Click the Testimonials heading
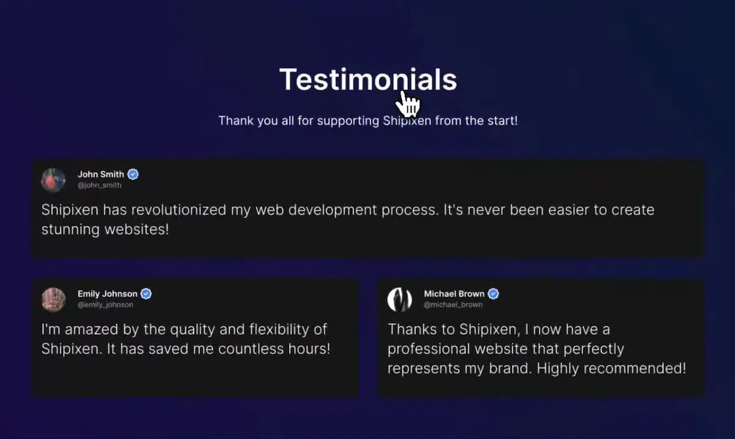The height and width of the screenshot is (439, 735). click(367, 80)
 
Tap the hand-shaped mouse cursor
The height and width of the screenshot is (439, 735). click(409, 103)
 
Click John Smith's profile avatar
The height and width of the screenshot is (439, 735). click(53, 180)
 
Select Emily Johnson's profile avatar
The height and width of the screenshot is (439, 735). click(53, 299)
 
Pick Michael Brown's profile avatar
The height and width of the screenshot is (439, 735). click(399, 299)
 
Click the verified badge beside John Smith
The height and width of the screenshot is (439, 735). click(133, 174)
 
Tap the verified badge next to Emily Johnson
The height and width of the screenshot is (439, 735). click(146, 294)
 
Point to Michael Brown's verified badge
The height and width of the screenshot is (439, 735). click(493, 294)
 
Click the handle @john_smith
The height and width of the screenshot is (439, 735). click(99, 186)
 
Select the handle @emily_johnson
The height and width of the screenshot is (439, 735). click(105, 305)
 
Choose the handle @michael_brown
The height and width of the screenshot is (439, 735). click(453, 305)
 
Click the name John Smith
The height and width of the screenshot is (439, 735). click(100, 174)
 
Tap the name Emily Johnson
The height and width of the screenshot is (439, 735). click(107, 294)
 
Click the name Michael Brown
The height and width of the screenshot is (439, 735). click(454, 294)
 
